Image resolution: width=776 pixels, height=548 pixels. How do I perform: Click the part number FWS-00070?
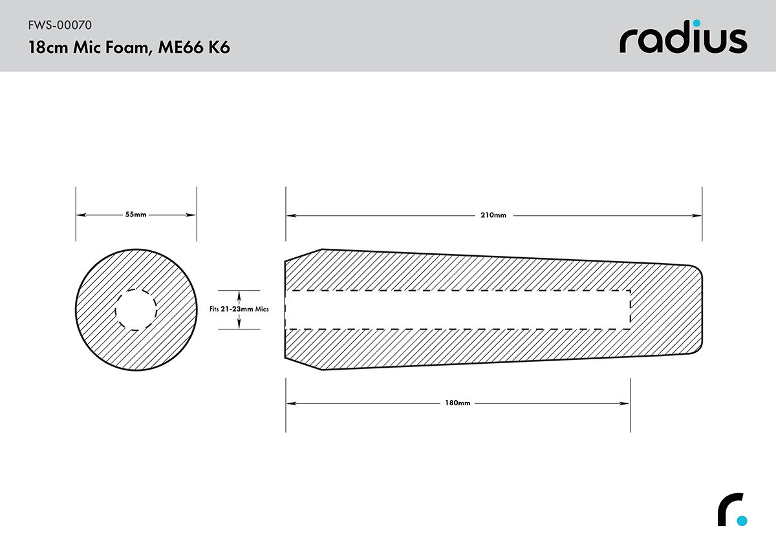(60, 25)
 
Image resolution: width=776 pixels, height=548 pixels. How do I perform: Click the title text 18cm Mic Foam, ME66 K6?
(129, 47)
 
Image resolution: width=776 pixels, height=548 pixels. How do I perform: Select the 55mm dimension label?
(136, 215)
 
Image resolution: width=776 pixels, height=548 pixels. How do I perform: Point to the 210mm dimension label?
(493, 215)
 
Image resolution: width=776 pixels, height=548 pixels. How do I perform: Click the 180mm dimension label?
(458, 403)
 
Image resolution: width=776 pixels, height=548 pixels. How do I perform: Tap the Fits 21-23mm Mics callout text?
(239, 309)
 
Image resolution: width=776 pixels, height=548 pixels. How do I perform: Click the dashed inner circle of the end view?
(136, 290)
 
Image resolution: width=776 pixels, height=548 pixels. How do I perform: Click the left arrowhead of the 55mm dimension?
(81, 215)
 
